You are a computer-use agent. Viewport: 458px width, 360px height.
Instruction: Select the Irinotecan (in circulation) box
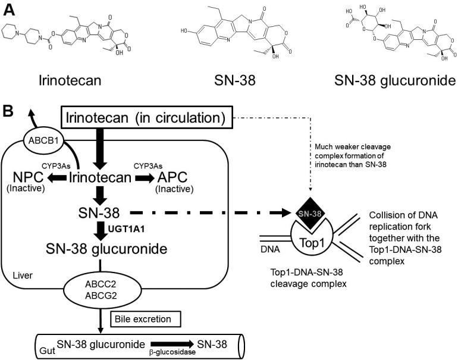click(146, 120)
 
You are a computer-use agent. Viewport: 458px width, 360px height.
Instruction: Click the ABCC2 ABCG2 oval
click(126, 291)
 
